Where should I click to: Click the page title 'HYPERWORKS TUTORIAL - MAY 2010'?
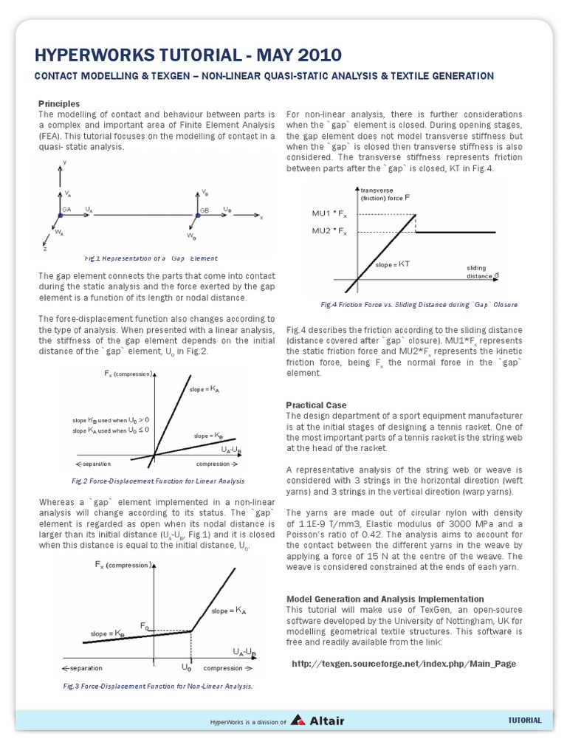188,55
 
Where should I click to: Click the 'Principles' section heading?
58,103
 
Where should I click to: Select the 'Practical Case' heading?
315,405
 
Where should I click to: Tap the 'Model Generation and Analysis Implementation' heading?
385,599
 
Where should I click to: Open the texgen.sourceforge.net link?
403,664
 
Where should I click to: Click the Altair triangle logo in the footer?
298,721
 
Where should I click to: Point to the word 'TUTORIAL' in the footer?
525,721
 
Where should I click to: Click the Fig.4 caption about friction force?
419,304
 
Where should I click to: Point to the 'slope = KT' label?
393,264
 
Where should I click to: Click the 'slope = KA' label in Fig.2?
205,388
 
